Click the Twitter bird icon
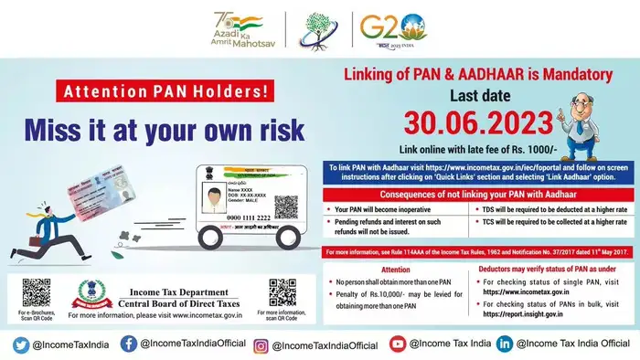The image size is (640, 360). (x=20, y=344)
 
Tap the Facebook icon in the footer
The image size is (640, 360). (x=128, y=344)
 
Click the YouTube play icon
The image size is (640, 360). (x=397, y=344)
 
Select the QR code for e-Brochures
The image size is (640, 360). (x=36, y=293)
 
